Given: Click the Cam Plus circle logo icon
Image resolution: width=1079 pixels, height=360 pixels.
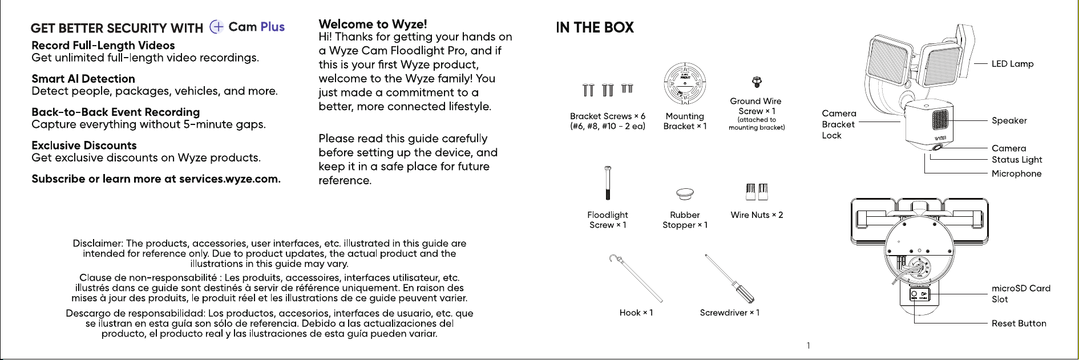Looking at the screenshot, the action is pyautogui.click(x=217, y=27).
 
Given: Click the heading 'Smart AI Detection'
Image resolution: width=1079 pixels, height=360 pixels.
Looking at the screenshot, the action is pyautogui.click(x=83, y=79).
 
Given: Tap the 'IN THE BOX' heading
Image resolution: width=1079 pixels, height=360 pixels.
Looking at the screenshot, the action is pyautogui.click(x=595, y=27).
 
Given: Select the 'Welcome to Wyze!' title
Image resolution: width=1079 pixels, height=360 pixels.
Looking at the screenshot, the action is pyautogui.click(x=373, y=24).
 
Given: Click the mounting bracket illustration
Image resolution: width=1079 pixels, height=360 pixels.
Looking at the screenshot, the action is pyautogui.click(x=685, y=84).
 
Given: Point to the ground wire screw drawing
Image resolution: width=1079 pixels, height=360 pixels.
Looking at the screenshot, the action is pyautogui.click(x=757, y=82).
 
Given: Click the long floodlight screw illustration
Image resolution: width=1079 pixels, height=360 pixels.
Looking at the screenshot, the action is pyautogui.click(x=608, y=183).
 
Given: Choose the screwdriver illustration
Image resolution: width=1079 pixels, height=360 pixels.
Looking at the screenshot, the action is pyautogui.click(x=730, y=278).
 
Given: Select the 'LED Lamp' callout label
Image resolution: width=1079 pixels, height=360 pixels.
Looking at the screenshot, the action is pyautogui.click(x=1012, y=64).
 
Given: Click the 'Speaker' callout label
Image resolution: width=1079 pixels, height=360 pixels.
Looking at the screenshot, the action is pyautogui.click(x=1009, y=120).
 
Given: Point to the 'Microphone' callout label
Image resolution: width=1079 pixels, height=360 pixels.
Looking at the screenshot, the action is pyautogui.click(x=1016, y=173).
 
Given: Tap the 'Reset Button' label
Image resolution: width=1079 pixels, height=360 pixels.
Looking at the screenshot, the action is pyautogui.click(x=1019, y=323).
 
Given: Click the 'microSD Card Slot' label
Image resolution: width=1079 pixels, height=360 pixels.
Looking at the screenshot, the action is pyautogui.click(x=1021, y=294).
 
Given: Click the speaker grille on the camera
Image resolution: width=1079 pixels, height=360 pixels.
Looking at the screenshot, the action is pyautogui.click(x=940, y=120).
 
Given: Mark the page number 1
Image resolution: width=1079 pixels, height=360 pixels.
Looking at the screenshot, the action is pyautogui.click(x=808, y=345).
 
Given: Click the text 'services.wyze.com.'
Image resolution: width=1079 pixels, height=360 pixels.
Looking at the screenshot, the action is pyautogui.click(x=230, y=179).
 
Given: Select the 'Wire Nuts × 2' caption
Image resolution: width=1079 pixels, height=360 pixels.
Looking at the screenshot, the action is pyautogui.click(x=757, y=215).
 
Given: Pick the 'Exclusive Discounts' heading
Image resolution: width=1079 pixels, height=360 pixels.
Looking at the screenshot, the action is pyautogui.click(x=84, y=145).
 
